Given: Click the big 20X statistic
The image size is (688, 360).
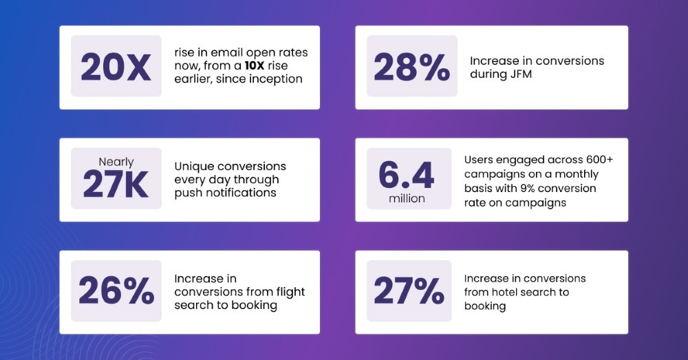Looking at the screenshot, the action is point(116,67).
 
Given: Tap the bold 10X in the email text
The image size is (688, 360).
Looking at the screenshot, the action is point(255,66).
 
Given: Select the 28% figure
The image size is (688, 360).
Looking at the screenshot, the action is point(411,67).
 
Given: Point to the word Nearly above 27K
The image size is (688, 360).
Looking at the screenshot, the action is point(116,162).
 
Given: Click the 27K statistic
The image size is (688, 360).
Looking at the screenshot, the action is point(116,184).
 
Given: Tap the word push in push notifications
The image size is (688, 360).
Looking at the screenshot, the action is point(189,193).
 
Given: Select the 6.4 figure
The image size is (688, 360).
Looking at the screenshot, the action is point(407,174).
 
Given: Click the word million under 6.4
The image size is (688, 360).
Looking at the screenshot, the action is point(407,199).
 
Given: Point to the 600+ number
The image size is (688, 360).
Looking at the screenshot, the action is point(599,160).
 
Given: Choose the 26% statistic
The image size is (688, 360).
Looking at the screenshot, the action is point(116,290).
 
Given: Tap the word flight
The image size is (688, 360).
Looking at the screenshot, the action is point(290,292).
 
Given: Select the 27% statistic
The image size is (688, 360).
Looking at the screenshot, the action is point(409,290).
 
